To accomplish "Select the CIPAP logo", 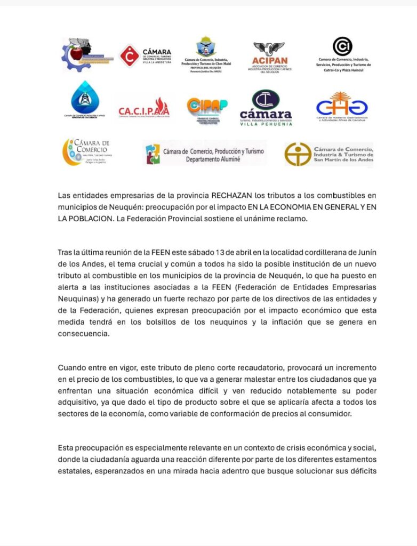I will [x=207, y=109].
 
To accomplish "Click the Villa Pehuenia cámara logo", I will [x=266, y=108].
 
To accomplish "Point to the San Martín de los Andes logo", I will [x=329, y=154].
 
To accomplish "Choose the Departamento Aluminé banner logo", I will [x=205, y=153].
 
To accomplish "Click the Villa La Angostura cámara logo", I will [x=146, y=55].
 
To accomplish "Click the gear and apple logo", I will [x=85, y=54].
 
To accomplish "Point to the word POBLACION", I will [x=86, y=219].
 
